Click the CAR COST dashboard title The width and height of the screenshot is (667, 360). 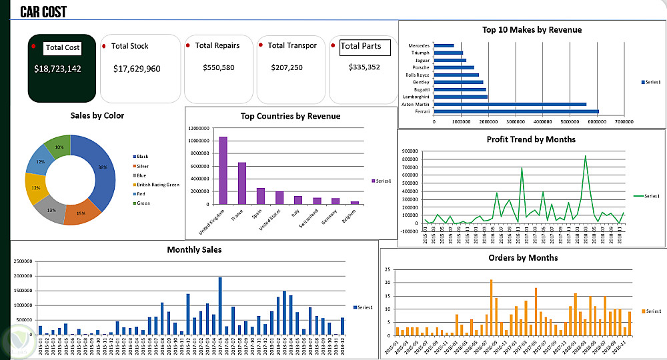coord(43,11)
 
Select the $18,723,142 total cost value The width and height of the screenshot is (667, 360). coord(57,69)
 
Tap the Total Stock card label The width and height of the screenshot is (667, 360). coord(129,46)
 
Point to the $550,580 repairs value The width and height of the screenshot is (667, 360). coord(219,67)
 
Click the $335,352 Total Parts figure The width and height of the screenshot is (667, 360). coord(364,67)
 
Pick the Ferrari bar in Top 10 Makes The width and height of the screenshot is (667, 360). coord(516,112)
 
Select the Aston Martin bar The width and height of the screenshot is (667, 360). coord(510,104)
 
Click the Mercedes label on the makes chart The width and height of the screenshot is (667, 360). coord(419,45)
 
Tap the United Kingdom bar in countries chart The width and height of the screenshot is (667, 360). coord(223,170)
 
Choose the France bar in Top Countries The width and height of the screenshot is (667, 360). coord(242,183)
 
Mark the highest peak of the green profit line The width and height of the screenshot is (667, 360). coord(585,156)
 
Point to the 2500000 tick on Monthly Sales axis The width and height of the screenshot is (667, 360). coord(21,262)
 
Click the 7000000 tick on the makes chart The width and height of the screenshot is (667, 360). coord(624,122)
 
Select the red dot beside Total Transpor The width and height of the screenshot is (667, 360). coord(260,45)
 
